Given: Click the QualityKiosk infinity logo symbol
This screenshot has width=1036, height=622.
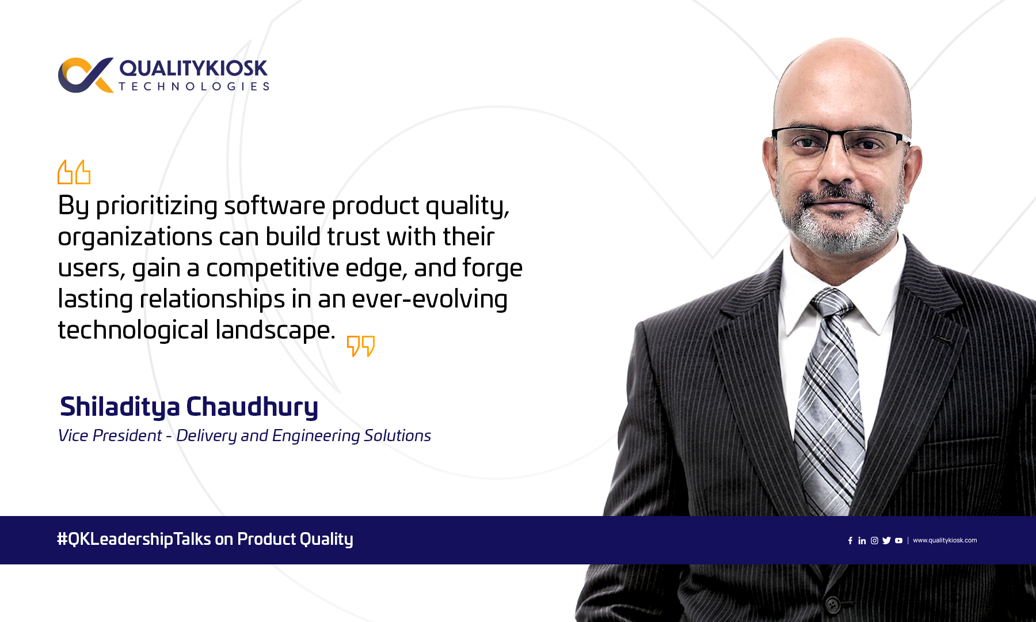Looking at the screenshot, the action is (86, 75).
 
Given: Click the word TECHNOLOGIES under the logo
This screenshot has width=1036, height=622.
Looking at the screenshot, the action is (194, 86).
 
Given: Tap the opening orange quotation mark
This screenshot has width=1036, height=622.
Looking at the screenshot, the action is (74, 172).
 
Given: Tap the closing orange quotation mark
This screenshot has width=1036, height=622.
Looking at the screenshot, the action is (361, 346).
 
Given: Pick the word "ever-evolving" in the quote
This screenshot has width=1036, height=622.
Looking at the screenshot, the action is (429, 299).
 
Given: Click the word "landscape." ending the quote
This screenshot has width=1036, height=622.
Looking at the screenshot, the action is (275, 331).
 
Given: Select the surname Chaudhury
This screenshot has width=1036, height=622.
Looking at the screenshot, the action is (252, 407).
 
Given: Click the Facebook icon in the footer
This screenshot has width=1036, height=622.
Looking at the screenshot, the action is (850, 541).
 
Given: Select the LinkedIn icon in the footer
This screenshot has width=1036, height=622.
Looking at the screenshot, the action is (862, 541).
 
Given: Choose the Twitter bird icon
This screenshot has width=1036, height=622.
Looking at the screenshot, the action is (886, 541).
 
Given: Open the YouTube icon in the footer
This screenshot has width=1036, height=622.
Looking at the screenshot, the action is (899, 541).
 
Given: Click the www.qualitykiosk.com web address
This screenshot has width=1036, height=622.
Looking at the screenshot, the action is (945, 540).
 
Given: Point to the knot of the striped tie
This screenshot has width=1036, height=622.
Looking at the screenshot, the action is (832, 303).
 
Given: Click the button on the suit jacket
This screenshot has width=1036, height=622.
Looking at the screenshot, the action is (832, 604).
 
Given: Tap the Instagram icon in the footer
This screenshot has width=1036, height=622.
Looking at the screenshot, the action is (874, 541).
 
